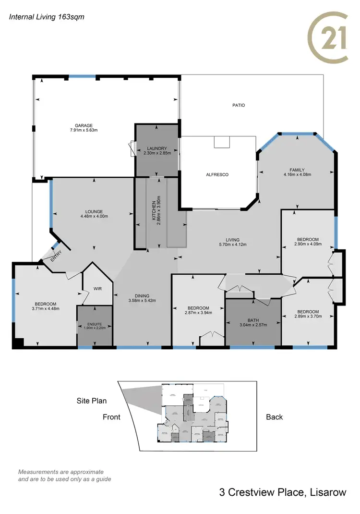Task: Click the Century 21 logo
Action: pos(328,37)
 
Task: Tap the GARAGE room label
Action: pos(80,125)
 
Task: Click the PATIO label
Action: pos(239,105)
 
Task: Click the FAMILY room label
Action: pos(298,170)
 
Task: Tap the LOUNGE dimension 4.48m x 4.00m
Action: pos(94,216)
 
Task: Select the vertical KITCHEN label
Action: pos(154,211)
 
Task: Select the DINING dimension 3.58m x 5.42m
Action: pos(142,301)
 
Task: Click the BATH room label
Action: pos(253,319)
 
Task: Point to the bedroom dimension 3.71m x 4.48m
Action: pos(46,309)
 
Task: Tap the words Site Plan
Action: pos(91,401)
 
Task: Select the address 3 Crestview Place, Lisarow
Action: pos(282,492)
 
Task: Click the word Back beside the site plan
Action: pos(275,417)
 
